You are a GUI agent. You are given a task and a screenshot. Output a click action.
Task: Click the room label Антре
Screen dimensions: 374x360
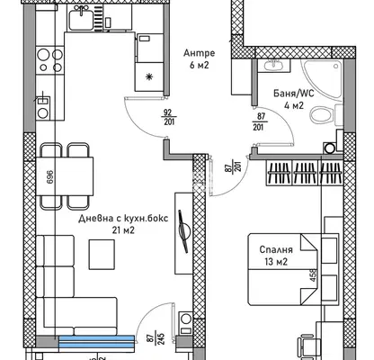(199, 53)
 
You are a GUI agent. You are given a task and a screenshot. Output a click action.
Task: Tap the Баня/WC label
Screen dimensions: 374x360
(294, 94)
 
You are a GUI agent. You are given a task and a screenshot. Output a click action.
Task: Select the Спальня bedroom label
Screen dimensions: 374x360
(276, 249)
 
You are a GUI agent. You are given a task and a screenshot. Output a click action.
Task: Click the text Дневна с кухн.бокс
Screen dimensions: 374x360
(123, 218)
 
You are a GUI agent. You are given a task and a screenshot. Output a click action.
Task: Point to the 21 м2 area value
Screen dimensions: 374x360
(123, 230)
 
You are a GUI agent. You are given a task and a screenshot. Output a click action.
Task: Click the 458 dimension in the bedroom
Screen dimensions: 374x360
(314, 274)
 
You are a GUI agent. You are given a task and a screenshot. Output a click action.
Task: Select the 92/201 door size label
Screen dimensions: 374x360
(169, 117)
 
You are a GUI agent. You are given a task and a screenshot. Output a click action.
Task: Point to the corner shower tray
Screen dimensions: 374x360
(322, 79)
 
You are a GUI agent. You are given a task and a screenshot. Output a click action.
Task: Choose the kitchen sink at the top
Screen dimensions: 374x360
(81, 18)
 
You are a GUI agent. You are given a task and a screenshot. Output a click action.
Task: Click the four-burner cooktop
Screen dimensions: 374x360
(50, 59)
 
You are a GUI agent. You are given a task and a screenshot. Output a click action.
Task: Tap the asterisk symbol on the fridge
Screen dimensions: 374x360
(148, 77)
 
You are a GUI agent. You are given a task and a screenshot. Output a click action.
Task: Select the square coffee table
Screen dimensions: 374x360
(102, 255)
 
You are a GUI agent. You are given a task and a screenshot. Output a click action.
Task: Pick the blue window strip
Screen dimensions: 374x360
(96, 342)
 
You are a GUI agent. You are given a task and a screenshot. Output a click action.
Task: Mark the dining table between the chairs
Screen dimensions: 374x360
(65, 176)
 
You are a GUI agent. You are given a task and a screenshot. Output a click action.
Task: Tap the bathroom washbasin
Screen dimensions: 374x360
(273, 65)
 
